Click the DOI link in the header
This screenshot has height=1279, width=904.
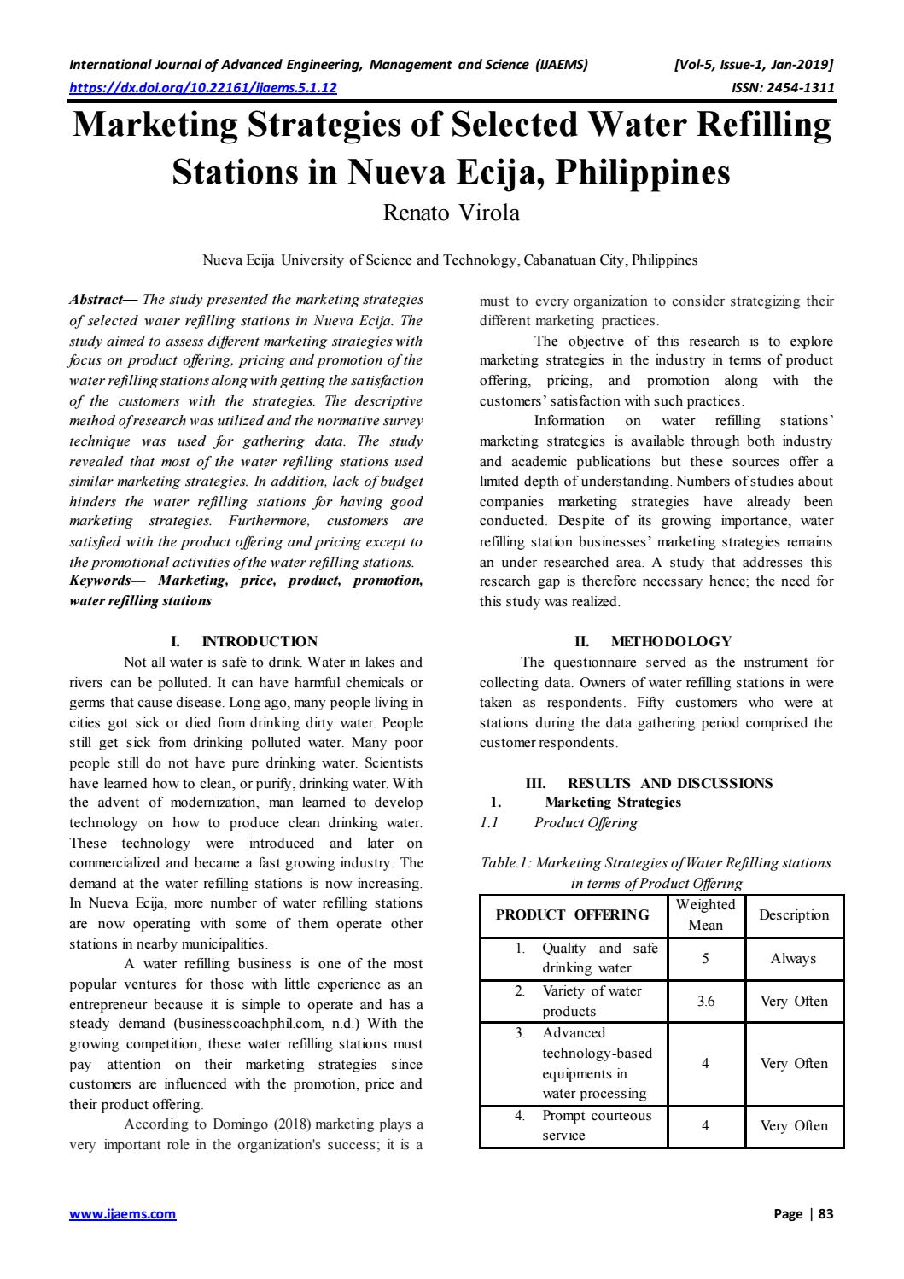pyautogui.click(x=202, y=87)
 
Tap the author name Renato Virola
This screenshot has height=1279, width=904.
pyautogui.click(x=451, y=213)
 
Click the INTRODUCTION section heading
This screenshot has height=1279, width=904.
pyautogui.click(x=260, y=641)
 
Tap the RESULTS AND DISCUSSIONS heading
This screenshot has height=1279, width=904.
pyautogui.click(x=669, y=783)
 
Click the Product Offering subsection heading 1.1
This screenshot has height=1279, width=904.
pyautogui.click(x=586, y=822)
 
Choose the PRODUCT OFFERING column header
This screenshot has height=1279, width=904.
pyautogui.click(x=573, y=915)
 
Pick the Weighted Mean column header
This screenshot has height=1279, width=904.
pyautogui.click(x=706, y=915)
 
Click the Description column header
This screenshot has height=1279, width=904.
pyautogui.click(x=794, y=915)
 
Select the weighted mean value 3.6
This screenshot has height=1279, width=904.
pyautogui.click(x=706, y=1002)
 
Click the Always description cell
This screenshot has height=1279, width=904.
pyautogui.click(x=794, y=959)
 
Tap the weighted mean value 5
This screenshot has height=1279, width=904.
pyautogui.click(x=706, y=959)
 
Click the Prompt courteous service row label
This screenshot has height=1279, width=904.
pyautogui.click(x=596, y=1125)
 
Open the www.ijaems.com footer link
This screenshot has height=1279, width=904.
pyautogui.click(x=122, y=1214)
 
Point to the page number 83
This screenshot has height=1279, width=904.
pyautogui.click(x=825, y=1214)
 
